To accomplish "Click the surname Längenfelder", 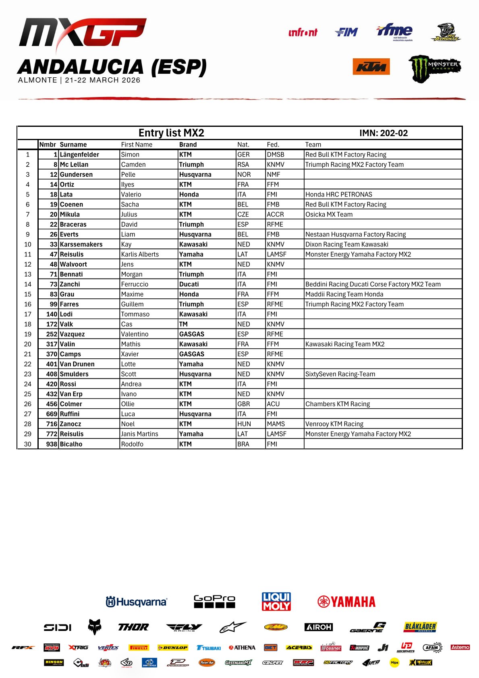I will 79,155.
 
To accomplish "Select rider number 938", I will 52,444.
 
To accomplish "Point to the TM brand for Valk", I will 183,324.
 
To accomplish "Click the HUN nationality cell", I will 244,424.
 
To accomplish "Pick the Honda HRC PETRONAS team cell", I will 338,194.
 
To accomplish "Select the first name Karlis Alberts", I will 140,254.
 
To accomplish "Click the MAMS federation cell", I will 276,424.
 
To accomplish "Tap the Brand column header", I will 188,145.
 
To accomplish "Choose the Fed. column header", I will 273,145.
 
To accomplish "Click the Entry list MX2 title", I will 171,133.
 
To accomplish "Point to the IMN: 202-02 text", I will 383,133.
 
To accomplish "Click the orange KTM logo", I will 371,67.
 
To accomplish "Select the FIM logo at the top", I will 346,32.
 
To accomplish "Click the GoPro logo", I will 214,601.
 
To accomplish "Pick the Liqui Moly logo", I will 276,601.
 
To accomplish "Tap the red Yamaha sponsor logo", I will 346,602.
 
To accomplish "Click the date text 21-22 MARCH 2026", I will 103,80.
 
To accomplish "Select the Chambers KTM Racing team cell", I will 337,404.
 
